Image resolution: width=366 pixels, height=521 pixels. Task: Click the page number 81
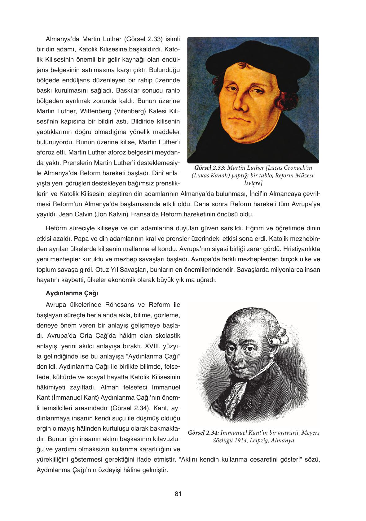click(x=178, y=494)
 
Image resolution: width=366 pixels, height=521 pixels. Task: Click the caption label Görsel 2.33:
click(x=210, y=168)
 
